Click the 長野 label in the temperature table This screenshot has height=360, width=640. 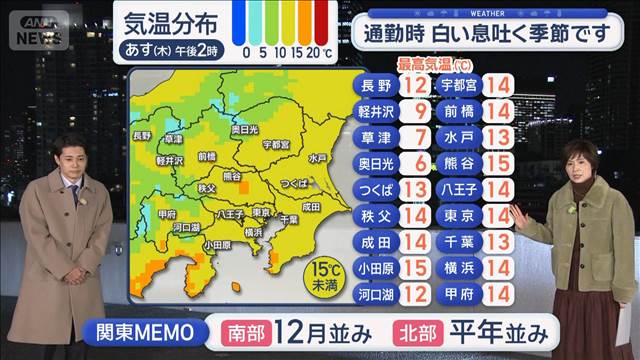[374, 86]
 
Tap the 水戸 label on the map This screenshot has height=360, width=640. [318, 158]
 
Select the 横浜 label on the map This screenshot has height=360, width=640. [253, 232]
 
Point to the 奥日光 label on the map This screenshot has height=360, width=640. [246, 130]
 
